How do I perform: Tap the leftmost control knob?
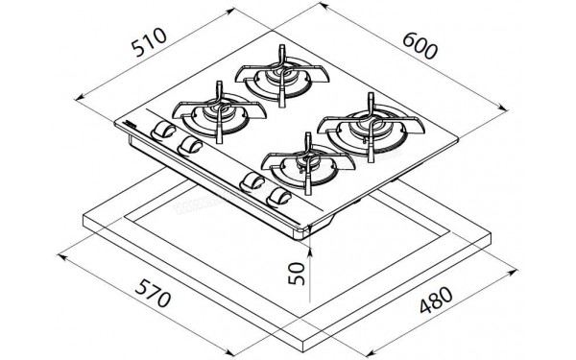tap(165, 131)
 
